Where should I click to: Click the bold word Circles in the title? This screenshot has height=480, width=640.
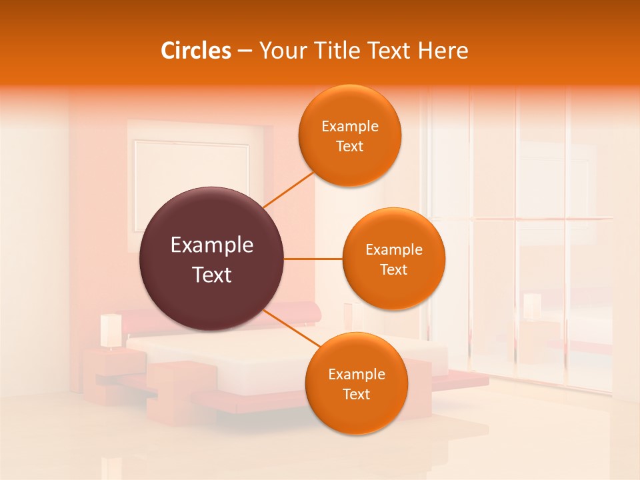click(x=195, y=51)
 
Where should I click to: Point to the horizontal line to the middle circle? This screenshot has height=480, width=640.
click(x=313, y=259)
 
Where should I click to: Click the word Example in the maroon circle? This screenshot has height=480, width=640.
click(x=212, y=245)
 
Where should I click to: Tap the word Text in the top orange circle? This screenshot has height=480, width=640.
click(x=349, y=147)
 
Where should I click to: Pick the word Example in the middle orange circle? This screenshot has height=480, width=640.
click(x=394, y=250)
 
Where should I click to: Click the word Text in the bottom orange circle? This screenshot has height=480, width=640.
click(x=356, y=394)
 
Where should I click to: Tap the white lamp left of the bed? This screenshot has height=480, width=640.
click(x=110, y=330)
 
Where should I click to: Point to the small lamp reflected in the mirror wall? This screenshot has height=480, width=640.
click(x=532, y=307)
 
